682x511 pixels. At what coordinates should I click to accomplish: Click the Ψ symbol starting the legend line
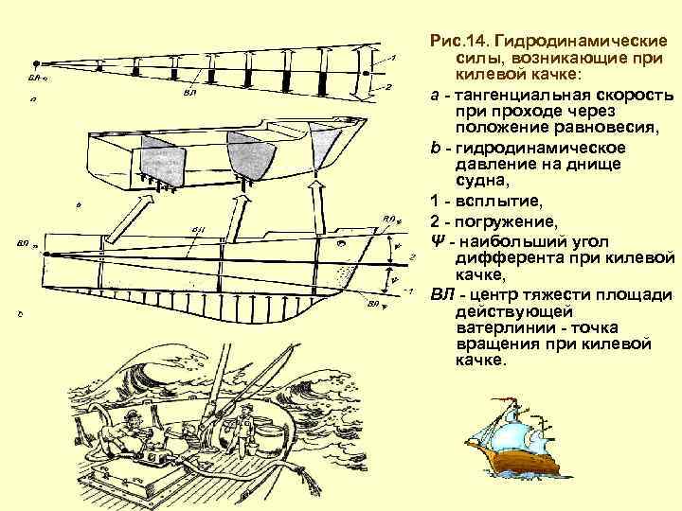[x=437, y=238]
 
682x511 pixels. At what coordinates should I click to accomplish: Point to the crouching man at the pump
[x=123, y=435]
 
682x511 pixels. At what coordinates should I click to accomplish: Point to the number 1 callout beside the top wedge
[x=393, y=59]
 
